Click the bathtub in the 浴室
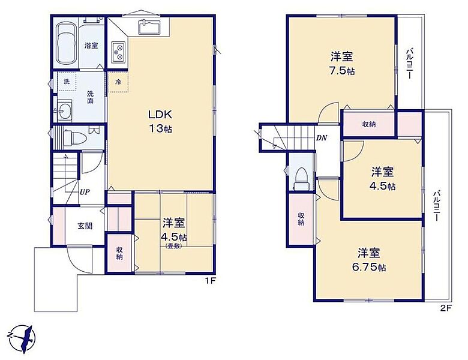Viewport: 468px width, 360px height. (66, 44)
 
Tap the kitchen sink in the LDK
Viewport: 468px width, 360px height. (150, 27)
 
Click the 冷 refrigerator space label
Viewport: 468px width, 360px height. (118, 82)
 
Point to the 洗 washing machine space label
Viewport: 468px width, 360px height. (67, 81)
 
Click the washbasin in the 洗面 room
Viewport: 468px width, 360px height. (64, 110)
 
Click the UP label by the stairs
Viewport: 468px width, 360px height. (85, 192)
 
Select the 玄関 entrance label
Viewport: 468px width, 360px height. (85, 226)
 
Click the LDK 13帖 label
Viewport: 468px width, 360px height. (160, 121)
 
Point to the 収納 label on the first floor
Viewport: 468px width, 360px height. (119, 253)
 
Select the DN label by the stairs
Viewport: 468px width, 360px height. (322, 138)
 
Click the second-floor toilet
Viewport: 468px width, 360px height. (301, 178)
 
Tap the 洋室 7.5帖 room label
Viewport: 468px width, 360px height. (342, 63)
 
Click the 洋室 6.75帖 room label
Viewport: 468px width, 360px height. (369, 259)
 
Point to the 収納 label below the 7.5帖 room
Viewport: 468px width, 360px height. (369, 124)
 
